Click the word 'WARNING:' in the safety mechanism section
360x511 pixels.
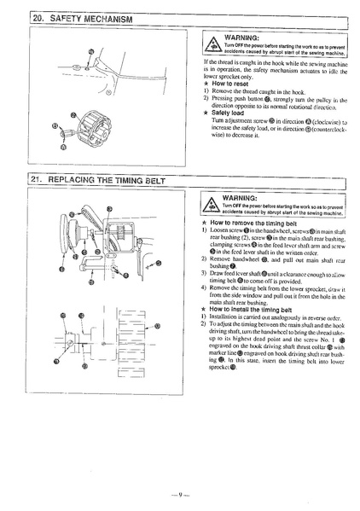[x=241, y=38]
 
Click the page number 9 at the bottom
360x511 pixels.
[x=180, y=492]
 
